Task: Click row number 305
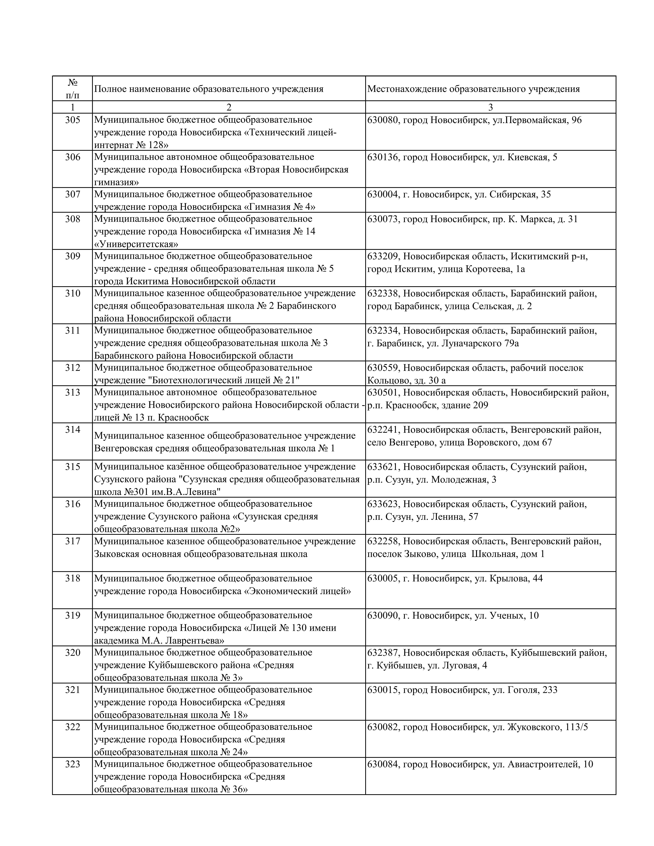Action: coord(72,120)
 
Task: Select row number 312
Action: coord(72,368)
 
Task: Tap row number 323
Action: coord(72,764)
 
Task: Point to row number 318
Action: coord(72,578)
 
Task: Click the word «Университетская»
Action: coord(136,244)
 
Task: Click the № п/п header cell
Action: coord(72,89)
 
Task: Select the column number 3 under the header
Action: coord(490,107)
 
